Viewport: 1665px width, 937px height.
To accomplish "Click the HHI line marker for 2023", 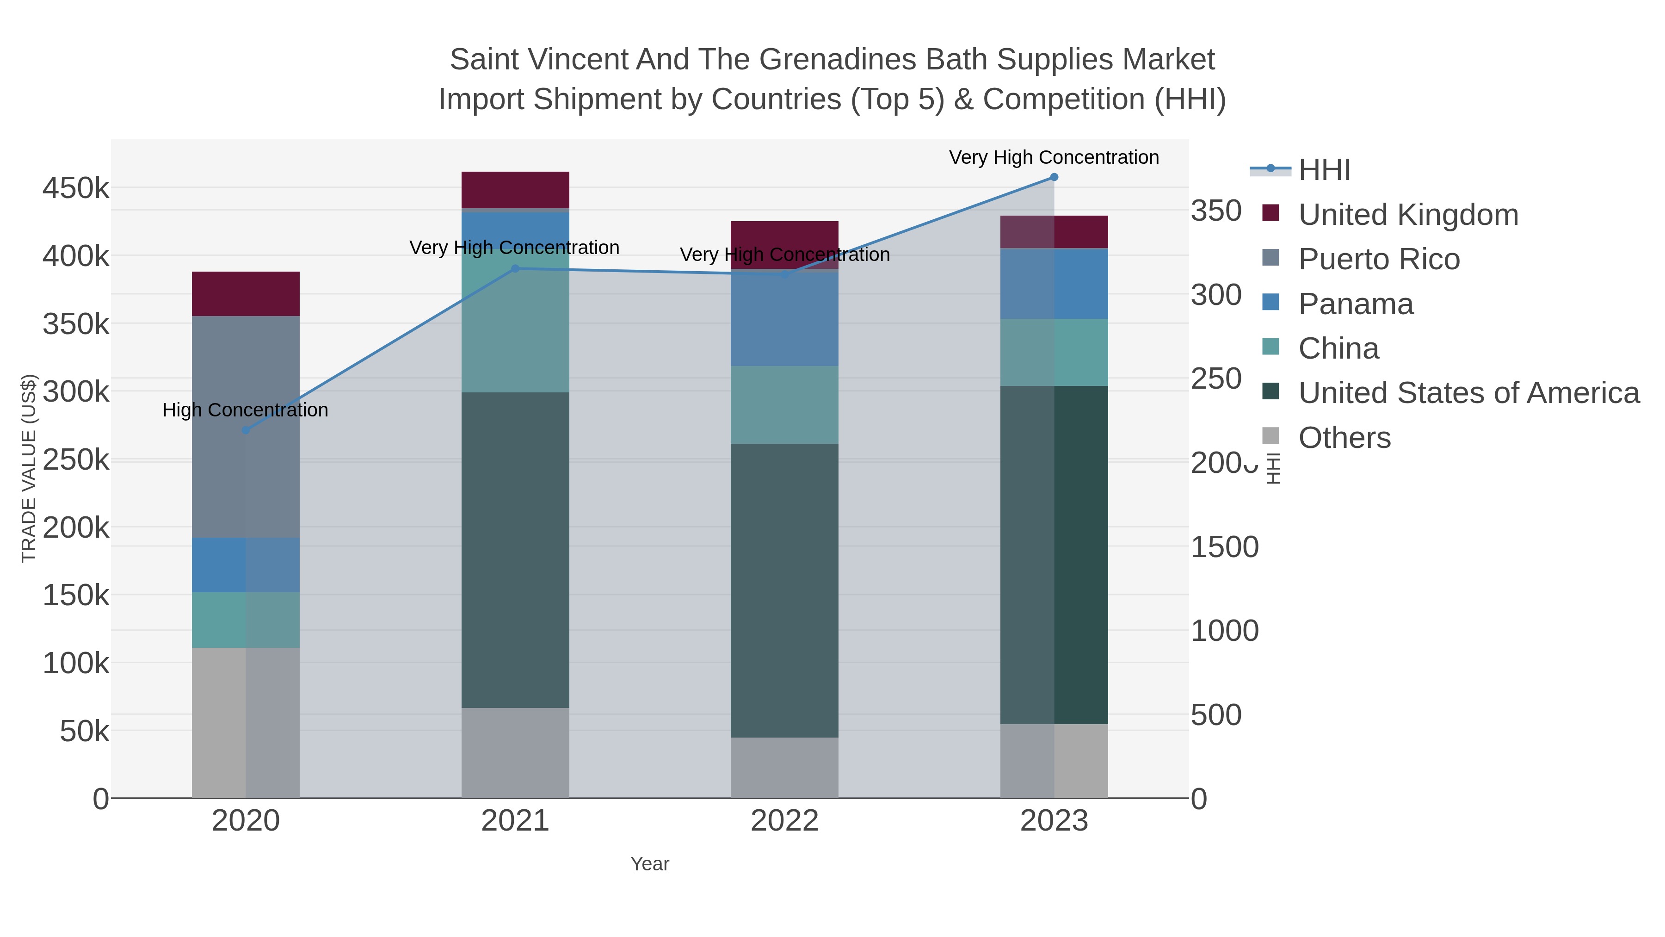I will tap(1054, 177).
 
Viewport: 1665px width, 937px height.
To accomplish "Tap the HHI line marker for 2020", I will tap(246, 430).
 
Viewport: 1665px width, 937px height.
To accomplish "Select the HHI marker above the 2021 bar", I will tap(515, 269).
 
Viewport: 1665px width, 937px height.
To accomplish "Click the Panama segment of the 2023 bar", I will tap(1054, 283).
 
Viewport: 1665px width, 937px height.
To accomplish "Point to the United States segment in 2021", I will tap(515, 550).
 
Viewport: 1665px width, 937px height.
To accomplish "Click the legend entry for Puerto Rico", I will tap(1379, 259).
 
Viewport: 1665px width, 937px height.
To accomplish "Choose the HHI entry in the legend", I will tap(1324, 170).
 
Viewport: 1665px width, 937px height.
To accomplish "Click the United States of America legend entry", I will tap(1468, 393).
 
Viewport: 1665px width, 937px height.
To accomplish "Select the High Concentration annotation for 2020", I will tap(245, 410).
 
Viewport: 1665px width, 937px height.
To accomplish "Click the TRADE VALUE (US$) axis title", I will tap(29, 468).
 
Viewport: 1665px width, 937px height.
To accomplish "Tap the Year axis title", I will tap(650, 864).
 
